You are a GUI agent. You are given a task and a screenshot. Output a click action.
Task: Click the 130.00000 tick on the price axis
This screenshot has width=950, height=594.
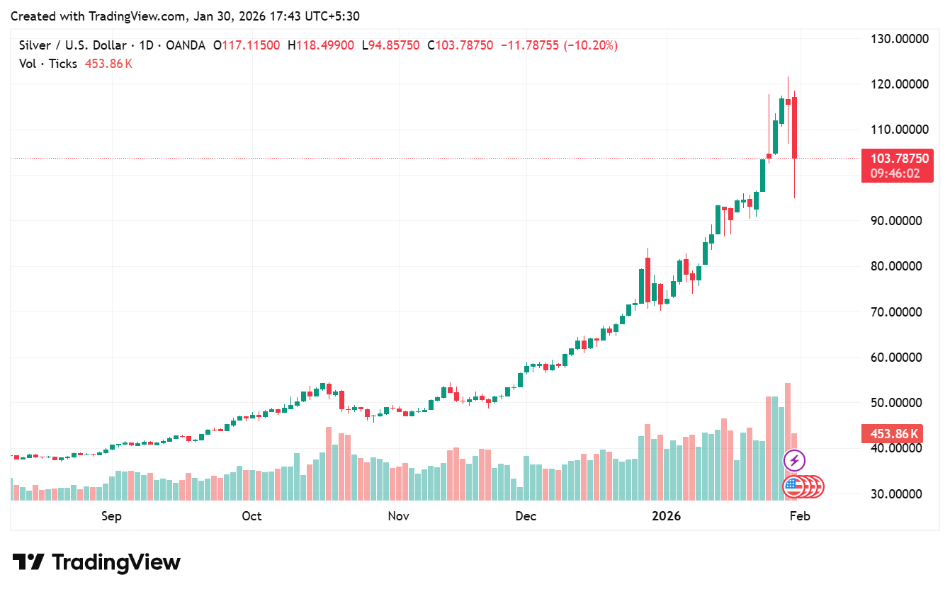[x=899, y=39]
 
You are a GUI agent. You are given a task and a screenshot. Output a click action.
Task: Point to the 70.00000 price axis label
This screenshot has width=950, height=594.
[x=895, y=312]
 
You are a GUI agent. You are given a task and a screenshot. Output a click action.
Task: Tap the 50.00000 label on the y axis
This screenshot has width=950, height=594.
[x=895, y=403]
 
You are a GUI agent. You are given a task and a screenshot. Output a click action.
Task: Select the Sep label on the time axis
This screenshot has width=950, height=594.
[x=111, y=516]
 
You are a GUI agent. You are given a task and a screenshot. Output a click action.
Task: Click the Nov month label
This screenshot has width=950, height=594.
[x=399, y=516]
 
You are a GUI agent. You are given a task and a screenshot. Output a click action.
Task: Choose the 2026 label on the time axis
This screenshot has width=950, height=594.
[x=666, y=516]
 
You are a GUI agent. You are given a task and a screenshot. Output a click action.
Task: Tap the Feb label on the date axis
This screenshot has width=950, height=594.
[x=800, y=516]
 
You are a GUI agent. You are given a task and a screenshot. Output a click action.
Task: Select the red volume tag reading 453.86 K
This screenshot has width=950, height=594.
[x=892, y=434]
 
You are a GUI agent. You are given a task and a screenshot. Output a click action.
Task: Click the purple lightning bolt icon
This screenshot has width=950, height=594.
[x=794, y=460]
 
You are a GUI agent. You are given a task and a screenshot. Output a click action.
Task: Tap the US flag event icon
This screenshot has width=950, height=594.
[x=793, y=486]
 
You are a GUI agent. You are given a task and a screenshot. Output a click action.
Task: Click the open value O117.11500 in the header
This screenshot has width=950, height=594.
[x=247, y=45]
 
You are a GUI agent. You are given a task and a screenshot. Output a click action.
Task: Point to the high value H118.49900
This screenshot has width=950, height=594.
[x=321, y=45]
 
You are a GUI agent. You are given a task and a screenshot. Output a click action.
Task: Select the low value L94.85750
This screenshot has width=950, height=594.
[x=390, y=45]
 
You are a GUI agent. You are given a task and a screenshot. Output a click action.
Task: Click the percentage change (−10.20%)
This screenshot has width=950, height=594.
[x=590, y=45]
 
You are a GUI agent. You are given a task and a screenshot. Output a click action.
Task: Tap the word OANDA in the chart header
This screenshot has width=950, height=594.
[x=186, y=45]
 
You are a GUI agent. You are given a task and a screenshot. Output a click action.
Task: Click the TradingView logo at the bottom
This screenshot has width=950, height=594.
[x=96, y=562]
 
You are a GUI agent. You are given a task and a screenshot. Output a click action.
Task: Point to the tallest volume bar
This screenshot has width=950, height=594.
[x=788, y=442]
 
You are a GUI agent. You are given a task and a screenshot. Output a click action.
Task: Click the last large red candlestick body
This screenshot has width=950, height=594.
[x=794, y=127]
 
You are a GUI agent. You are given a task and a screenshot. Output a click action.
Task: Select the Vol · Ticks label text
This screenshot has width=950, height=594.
[x=48, y=64]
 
